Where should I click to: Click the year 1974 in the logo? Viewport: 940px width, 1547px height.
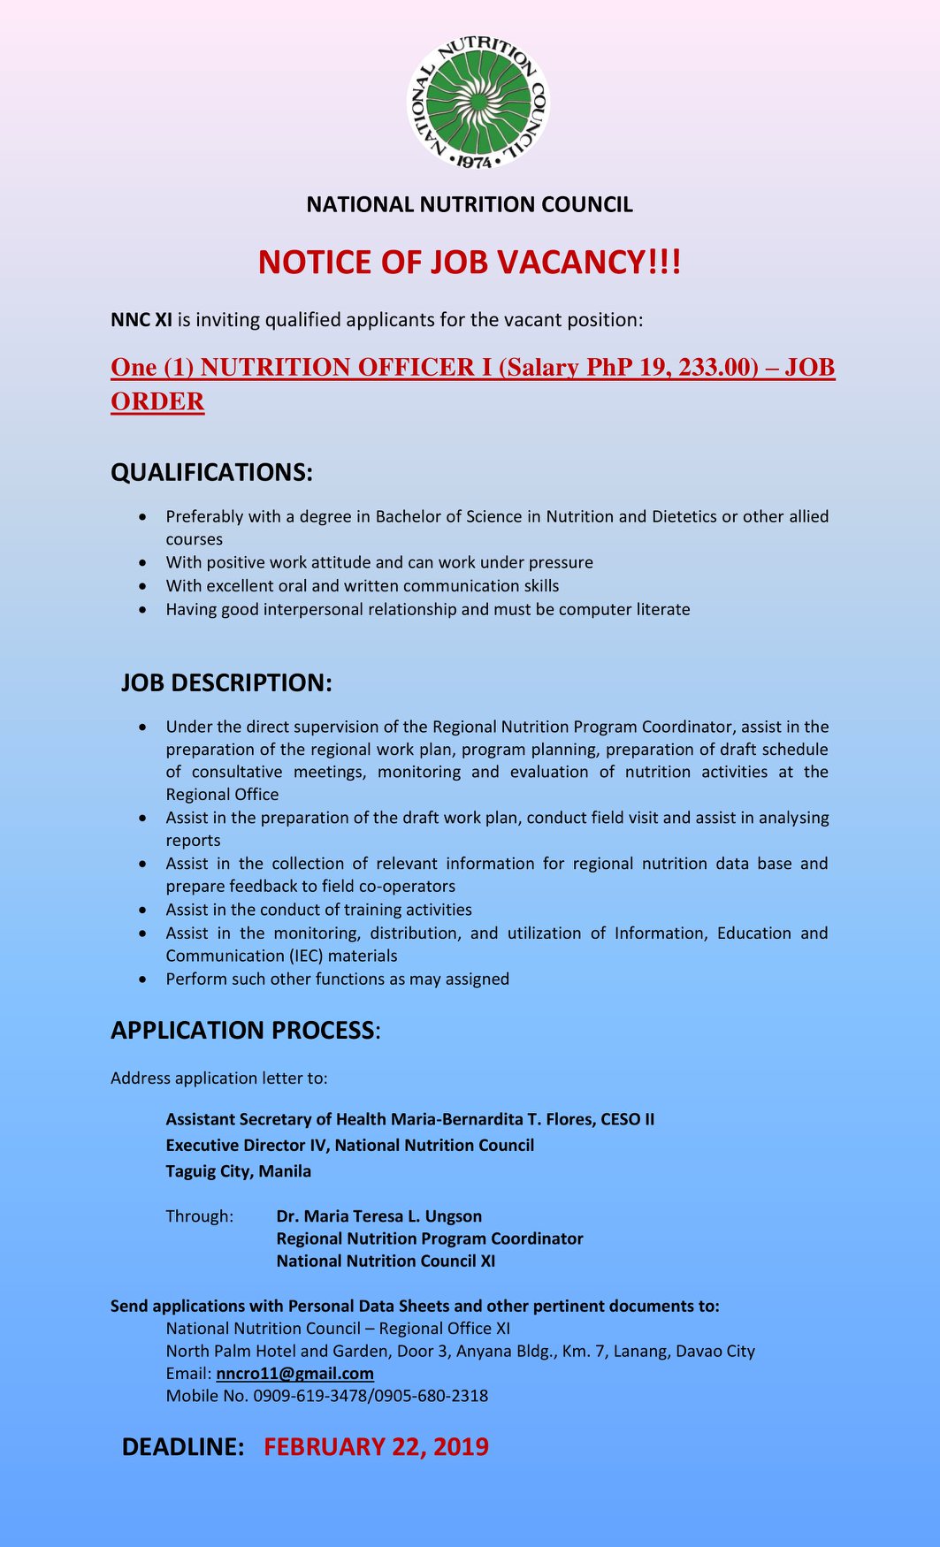[x=476, y=163]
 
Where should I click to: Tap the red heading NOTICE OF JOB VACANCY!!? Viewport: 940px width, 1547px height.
[x=470, y=263]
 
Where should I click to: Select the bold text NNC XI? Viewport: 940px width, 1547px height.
[x=141, y=320]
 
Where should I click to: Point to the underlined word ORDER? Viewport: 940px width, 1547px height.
[x=157, y=401]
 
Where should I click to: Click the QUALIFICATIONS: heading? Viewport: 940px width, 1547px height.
[x=211, y=472]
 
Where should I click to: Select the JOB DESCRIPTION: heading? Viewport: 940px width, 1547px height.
[x=226, y=682]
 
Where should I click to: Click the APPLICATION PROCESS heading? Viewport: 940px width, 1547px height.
[x=242, y=1030]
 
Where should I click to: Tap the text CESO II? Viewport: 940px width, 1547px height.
[x=627, y=1119]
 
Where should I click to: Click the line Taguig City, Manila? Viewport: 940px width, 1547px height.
[x=238, y=1171]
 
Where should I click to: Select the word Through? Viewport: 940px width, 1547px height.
[x=200, y=1216]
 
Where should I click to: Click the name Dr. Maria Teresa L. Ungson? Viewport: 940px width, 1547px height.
[x=378, y=1216]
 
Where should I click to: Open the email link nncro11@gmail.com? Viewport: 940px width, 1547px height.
[x=294, y=1373]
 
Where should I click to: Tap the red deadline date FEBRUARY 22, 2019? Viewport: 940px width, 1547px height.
[x=376, y=1446]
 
